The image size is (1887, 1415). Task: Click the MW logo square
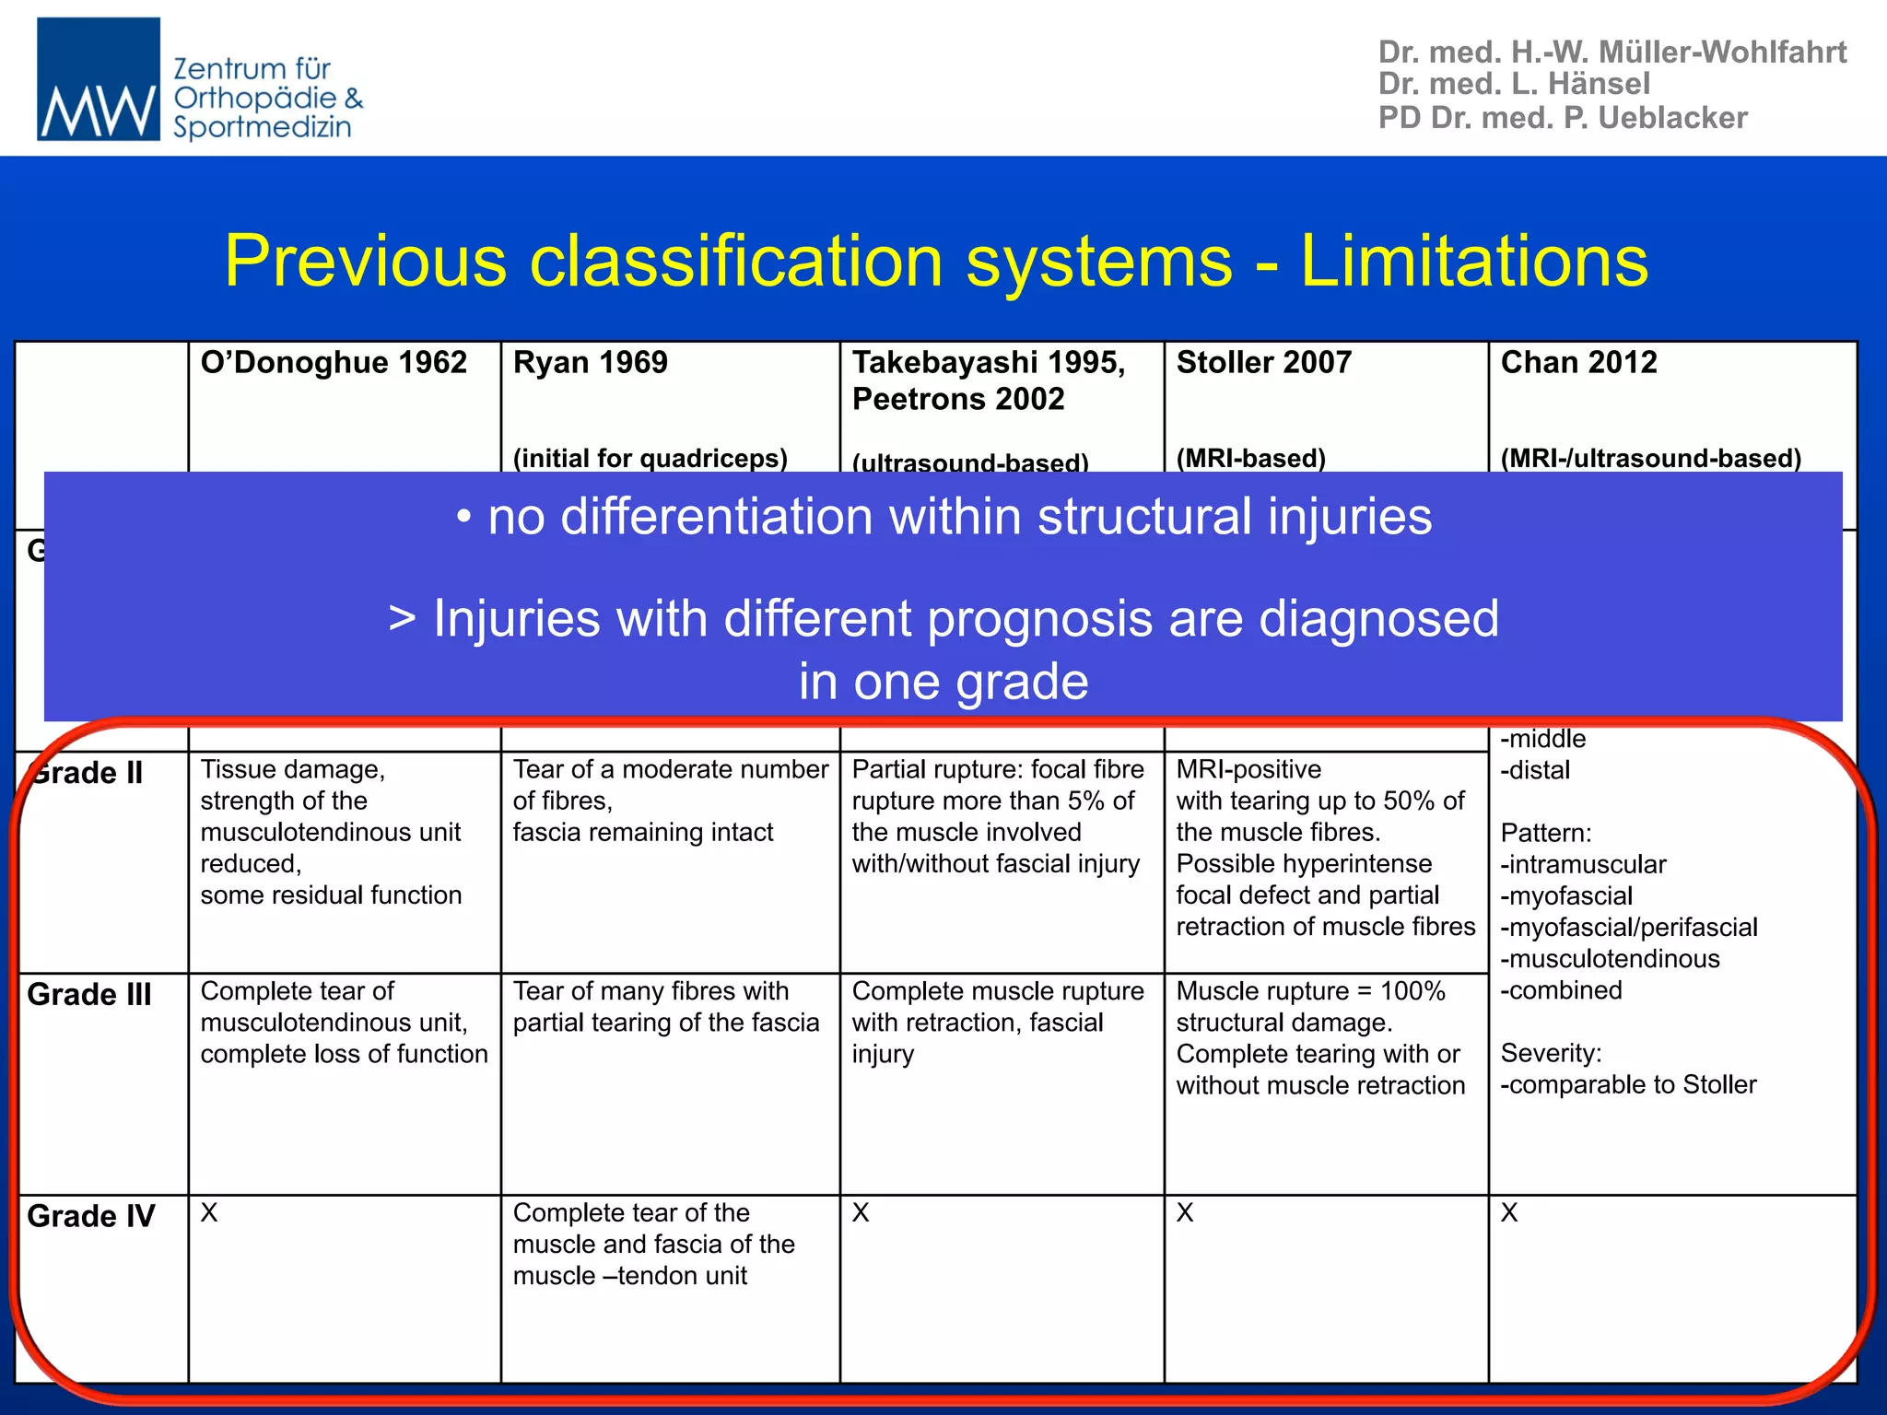pos(98,79)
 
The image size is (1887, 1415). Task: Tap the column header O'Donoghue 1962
pos(334,363)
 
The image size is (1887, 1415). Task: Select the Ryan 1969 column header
pos(590,363)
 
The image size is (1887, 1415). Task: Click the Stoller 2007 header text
pos(1263,363)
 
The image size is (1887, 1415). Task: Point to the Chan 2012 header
pos(1578,363)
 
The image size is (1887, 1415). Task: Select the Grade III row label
pos(89,995)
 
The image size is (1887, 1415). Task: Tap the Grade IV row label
pos(91,1216)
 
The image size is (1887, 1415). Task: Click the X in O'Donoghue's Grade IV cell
pos(209,1213)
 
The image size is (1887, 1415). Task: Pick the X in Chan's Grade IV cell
pos(1508,1213)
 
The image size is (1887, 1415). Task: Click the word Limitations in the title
pos(1473,261)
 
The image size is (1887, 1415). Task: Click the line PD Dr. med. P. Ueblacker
pos(1562,118)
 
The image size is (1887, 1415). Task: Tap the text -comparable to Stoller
pos(1628,1085)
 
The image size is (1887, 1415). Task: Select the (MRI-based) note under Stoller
pos(1250,458)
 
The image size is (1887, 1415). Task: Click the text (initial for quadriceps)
pos(650,458)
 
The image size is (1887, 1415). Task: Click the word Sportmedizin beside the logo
pos(262,127)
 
